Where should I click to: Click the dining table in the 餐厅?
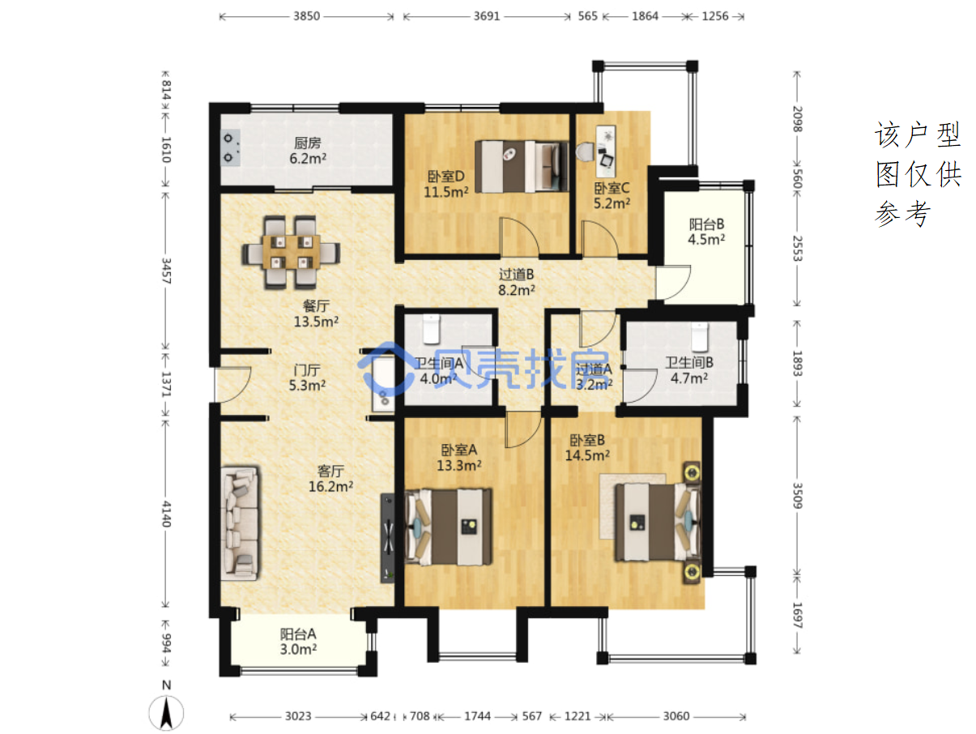[x=292, y=252]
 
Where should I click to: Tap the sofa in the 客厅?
[x=240, y=523]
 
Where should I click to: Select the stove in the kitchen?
[x=230, y=147]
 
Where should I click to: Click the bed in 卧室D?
[x=522, y=167]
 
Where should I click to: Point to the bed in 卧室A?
[x=449, y=527]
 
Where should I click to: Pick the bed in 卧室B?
[x=658, y=523]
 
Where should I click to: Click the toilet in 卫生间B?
[x=700, y=338]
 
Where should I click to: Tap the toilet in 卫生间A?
[x=432, y=330]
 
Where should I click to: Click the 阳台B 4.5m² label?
[x=706, y=232]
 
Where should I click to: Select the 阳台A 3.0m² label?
[x=298, y=642]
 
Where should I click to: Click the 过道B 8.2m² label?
[x=516, y=282]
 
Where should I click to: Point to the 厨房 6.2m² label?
[x=308, y=151]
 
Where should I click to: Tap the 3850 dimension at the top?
[x=306, y=16]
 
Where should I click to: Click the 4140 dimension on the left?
[x=166, y=514]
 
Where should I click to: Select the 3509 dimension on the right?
[x=797, y=496]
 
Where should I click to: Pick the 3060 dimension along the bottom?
[x=676, y=716]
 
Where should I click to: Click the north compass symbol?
[x=166, y=706]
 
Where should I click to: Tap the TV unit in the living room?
[x=387, y=538]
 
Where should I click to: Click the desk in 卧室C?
[x=606, y=151]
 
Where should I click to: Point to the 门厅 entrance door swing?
[x=233, y=385]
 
